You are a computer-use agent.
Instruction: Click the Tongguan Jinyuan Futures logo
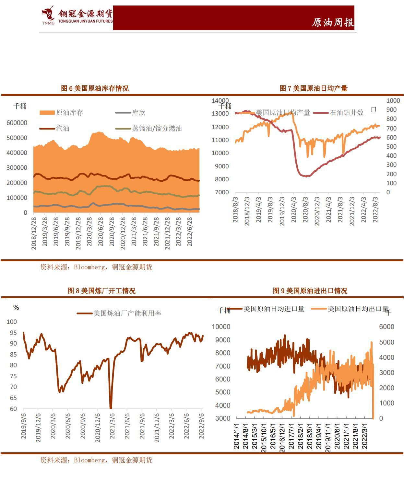pos(77,16)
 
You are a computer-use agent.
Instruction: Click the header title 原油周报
pos(333,22)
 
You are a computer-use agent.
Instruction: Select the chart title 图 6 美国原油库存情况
pos(95,88)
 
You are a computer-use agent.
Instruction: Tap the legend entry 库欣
pos(138,113)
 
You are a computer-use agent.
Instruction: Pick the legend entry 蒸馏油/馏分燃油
pos(157,129)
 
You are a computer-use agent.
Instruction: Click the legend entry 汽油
pos(63,129)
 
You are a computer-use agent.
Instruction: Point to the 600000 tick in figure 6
pos(17,123)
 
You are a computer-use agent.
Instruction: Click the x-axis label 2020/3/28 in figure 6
pos(89,233)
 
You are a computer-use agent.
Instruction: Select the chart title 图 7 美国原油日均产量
pos(314,88)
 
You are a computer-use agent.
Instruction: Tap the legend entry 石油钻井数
pos(346,113)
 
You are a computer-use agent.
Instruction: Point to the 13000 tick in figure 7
pos(220,114)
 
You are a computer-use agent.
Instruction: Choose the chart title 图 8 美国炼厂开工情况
pos(101,291)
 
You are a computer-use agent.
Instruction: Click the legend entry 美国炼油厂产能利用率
pos(127,313)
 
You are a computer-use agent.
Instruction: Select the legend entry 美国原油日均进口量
pos(274,309)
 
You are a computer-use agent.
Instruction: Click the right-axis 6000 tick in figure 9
pos(386,327)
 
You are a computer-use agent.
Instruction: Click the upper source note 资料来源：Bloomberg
pos(96,267)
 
